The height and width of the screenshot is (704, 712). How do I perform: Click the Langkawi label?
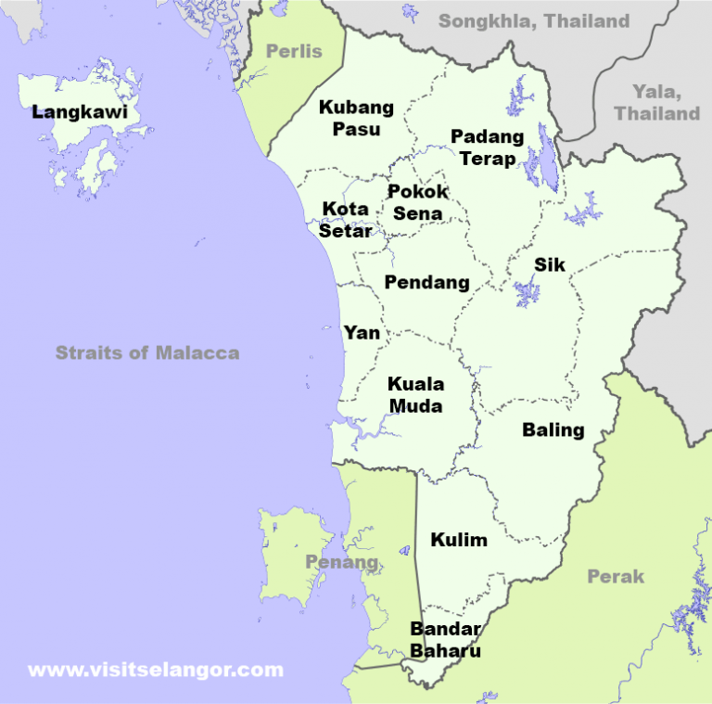tap(79, 113)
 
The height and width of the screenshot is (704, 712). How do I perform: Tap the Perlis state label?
tap(294, 51)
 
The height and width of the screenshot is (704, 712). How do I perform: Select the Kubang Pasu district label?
tap(356, 119)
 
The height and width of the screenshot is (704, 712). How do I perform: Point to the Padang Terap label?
tap(488, 147)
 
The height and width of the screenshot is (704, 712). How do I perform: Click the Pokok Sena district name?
tap(418, 202)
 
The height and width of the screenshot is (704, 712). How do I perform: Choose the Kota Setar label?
tap(346, 220)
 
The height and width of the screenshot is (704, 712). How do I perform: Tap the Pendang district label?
tap(426, 283)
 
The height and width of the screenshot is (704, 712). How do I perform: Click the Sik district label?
tap(549, 265)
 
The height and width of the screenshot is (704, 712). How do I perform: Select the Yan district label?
tap(362, 332)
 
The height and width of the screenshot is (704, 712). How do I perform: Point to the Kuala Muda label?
tap(415, 395)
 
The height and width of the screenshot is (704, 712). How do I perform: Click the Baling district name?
tap(553, 430)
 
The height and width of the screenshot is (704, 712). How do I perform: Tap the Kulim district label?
tap(459, 540)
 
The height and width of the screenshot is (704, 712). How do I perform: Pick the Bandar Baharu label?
tap(446, 640)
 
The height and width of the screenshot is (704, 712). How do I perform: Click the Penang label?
tap(341, 562)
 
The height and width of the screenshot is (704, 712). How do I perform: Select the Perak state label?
tap(616, 577)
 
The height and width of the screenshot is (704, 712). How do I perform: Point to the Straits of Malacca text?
tap(147, 352)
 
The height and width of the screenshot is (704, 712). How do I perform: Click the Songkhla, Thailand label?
tap(534, 20)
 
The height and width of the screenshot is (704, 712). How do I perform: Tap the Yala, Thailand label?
tap(656, 102)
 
